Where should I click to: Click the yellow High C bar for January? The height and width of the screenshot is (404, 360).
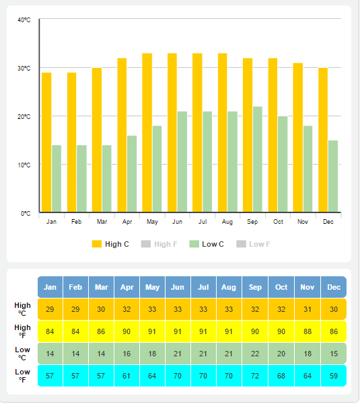[x=46, y=143]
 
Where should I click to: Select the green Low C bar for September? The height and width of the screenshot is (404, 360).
[x=258, y=159]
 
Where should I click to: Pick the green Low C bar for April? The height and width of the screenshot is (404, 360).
[x=132, y=174]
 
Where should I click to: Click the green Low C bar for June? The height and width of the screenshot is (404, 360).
[x=182, y=162]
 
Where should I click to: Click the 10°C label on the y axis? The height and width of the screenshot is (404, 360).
[x=24, y=165]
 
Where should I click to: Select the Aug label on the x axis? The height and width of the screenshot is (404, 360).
[x=227, y=222]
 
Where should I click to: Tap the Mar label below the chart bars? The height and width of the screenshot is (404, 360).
[x=102, y=222]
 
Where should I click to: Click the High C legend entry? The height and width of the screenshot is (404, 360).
[x=110, y=244]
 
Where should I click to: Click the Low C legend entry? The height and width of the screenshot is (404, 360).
[x=207, y=244]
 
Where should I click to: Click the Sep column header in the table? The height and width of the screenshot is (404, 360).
[x=255, y=287]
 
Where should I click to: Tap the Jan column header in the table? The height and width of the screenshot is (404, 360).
[x=50, y=287]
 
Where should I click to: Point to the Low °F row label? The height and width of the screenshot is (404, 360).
[x=22, y=376]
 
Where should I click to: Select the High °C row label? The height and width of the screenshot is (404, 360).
[x=22, y=309]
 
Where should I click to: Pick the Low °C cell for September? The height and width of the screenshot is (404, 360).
[x=255, y=354]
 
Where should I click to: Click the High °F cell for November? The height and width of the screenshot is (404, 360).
[x=308, y=331]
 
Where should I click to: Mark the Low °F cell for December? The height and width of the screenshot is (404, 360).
[x=333, y=376]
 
